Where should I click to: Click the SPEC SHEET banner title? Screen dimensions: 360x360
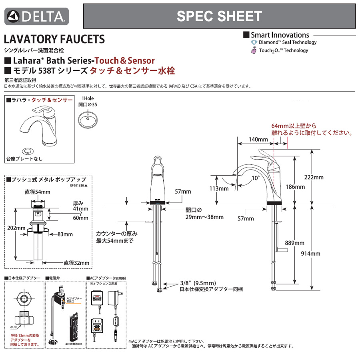click(219, 16)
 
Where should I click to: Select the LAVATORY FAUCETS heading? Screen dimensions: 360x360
click(54, 39)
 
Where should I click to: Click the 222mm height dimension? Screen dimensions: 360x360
click(316, 177)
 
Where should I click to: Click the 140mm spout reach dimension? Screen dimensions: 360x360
click(258, 140)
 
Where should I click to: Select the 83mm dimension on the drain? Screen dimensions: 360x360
click(65, 234)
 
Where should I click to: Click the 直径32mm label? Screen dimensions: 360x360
click(76, 263)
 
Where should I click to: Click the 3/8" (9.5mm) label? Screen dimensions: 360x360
click(198, 283)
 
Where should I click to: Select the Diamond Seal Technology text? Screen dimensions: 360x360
click(287, 42)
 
